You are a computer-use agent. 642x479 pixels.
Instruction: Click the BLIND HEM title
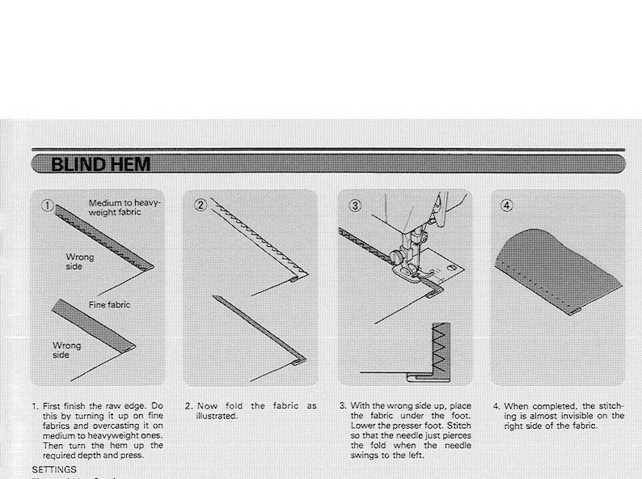99,165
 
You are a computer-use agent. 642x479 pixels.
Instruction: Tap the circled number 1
47,206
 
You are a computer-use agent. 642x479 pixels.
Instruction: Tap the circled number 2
201,206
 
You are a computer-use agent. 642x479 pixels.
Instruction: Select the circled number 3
354,206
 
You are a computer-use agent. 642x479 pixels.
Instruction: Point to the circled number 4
507,206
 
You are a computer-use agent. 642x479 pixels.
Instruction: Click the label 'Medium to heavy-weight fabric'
125,206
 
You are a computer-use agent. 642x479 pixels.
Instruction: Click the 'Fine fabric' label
108,305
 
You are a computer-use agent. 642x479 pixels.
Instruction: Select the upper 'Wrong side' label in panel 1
79,262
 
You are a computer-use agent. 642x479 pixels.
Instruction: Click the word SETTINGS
54,468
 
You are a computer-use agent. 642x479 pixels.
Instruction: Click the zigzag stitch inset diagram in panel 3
441,345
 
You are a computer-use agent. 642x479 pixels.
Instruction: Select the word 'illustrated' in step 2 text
217,416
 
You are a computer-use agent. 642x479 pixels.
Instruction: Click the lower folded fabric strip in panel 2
259,328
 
